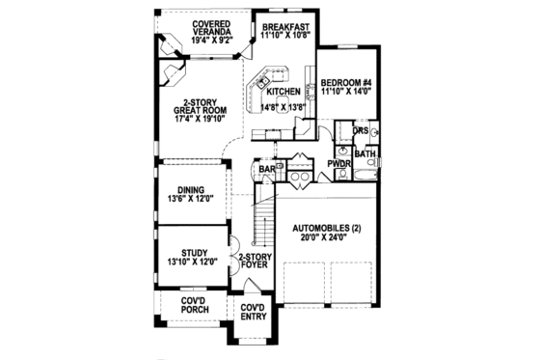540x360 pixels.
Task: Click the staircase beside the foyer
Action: point(261,222)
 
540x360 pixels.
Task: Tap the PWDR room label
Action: point(337,164)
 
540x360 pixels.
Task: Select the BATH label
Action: point(364,153)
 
